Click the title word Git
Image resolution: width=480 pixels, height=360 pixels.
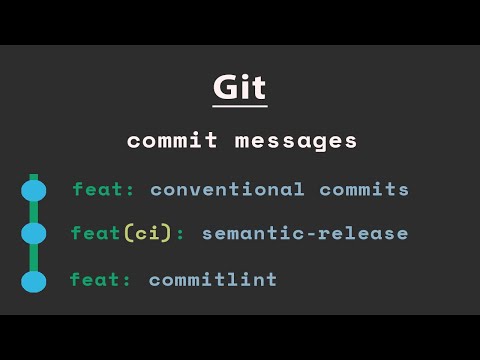(x=240, y=87)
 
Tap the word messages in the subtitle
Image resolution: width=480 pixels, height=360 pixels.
(x=295, y=141)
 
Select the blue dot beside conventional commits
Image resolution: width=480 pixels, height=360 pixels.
(x=33, y=190)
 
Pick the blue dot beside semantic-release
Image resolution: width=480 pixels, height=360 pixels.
(x=33, y=234)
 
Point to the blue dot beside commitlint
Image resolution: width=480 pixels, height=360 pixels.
(x=33, y=281)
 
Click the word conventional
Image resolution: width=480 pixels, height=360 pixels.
(x=228, y=189)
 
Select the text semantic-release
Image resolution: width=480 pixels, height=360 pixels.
(x=305, y=233)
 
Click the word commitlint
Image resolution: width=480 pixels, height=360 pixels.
(x=213, y=280)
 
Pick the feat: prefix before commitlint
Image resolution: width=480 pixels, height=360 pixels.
(x=101, y=280)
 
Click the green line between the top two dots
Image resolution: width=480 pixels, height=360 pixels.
(x=33, y=212)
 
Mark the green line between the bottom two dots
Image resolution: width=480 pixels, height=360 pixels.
(x=33, y=258)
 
